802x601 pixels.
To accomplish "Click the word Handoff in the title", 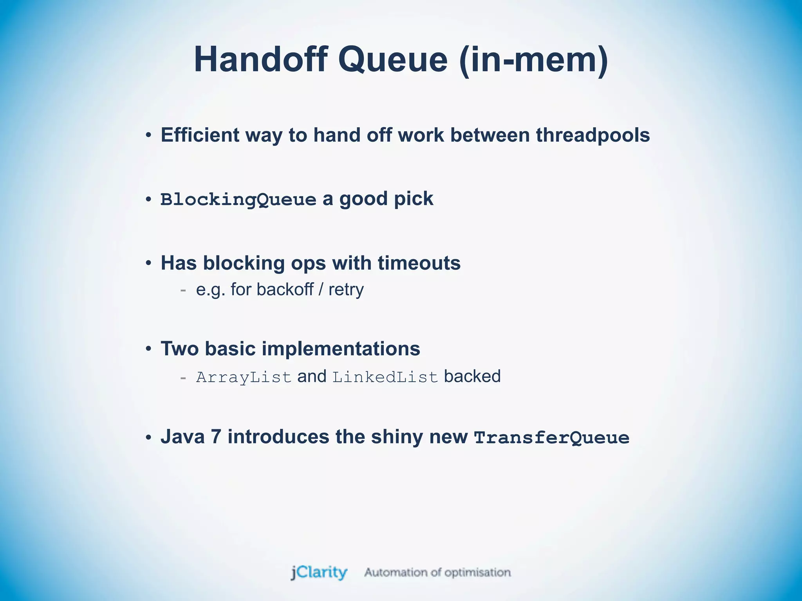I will pyautogui.click(x=260, y=59).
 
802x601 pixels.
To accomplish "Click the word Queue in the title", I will pyautogui.click(x=392, y=59).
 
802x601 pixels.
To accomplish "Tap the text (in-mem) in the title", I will pyautogui.click(x=534, y=59).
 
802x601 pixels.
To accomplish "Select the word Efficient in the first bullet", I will pyautogui.click(x=200, y=135).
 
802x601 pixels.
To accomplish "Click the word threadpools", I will pyautogui.click(x=592, y=135).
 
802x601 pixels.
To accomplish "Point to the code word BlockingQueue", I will pyautogui.click(x=238, y=200).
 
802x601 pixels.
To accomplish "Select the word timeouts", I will pyautogui.click(x=419, y=263).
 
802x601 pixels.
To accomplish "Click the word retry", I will pyautogui.click(x=346, y=290).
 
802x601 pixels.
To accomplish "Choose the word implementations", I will pyautogui.click(x=341, y=348).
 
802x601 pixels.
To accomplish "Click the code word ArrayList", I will pyautogui.click(x=244, y=377).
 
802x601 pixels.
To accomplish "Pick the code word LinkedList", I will pyautogui.click(x=385, y=377).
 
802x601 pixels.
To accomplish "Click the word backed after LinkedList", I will pyautogui.click(x=472, y=376).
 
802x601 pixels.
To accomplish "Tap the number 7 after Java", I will pyautogui.click(x=216, y=437).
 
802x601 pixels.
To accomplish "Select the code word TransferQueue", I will pyautogui.click(x=551, y=437).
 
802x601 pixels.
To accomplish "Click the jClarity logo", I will pyautogui.click(x=319, y=572).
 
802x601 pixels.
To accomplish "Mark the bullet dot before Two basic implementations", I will pyautogui.click(x=148, y=349).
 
